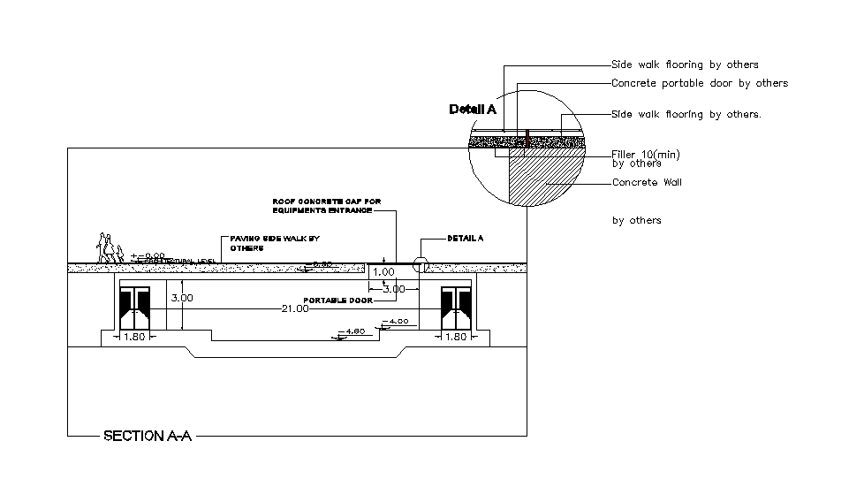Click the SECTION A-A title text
click(x=147, y=436)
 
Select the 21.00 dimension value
click(x=294, y=308)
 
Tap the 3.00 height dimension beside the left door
click(x=182, y=299)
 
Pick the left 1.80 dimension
click(x=135, y=337)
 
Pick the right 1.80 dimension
click(x=455, y=337)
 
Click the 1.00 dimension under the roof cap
click(x=384, y=272)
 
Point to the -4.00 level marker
click(x=397, y=321)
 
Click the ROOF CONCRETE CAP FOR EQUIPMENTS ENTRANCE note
click(x=326, y=206)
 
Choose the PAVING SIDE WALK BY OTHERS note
click(x=274, y=243)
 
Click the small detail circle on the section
click(x=420, y=264)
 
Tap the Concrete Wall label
click(x=647, y=183)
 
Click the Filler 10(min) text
click(x=645, y=155)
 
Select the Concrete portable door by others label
click(x=699, y=83)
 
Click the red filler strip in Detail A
click(x=527, y=139)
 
